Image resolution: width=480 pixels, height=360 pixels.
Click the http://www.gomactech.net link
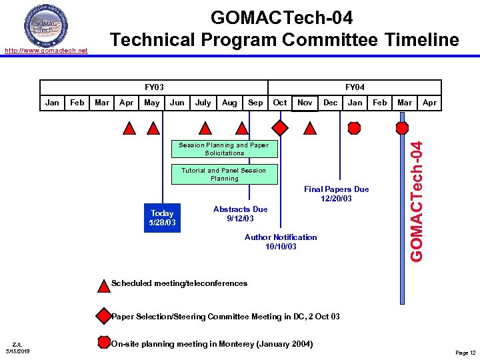(46, 51)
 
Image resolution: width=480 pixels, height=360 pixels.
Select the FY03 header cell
(154, 87)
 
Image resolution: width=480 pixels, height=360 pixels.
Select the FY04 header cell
(354, 87)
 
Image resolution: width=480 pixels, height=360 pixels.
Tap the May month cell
(152, 103)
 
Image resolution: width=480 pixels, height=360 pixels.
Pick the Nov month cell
(305, 103)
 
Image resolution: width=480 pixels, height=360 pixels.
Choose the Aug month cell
(229, 103)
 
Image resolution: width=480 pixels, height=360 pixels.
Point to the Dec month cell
(330, 103)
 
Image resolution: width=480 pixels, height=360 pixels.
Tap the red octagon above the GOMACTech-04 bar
(403, 127)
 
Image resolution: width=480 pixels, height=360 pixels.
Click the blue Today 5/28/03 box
(162, 218)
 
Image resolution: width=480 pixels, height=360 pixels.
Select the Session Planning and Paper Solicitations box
(224, 149)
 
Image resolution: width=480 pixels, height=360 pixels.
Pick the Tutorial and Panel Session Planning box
(224, 175)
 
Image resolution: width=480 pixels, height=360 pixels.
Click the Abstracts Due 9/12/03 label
(240, 214)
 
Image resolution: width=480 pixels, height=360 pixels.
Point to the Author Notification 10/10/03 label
(281, 242)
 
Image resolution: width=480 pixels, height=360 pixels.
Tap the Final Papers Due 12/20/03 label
(336, 194)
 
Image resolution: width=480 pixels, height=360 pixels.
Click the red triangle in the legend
(103, 285)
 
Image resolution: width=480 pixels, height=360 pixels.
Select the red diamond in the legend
(103, 315)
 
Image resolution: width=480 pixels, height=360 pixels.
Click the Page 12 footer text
(465, 353)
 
